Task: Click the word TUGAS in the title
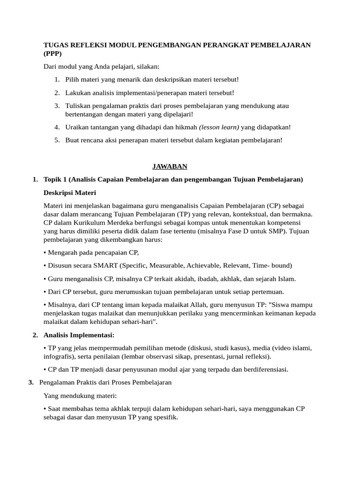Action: [x=55, y=45]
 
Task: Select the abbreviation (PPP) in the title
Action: [x=52, y=53]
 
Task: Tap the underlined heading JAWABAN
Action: [x=170, y=166]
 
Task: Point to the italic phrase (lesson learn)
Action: [x=219, y=127]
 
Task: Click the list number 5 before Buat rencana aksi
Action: [x=56, y=140]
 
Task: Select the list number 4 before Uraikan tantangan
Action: [x=56, y=127]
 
